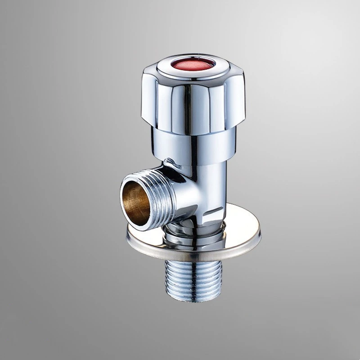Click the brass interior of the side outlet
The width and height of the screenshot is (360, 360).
click(135, 202)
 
